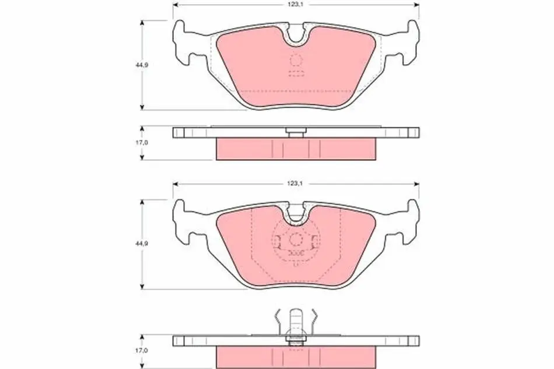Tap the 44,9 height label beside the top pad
(x=141, y=65)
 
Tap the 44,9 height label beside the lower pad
(x=141, y=244)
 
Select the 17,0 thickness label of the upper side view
(x=141, y=142)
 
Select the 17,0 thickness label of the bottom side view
(x=141, y=351)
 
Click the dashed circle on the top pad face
(x=296, y=61)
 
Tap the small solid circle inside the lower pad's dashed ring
(x=296, y=240)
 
